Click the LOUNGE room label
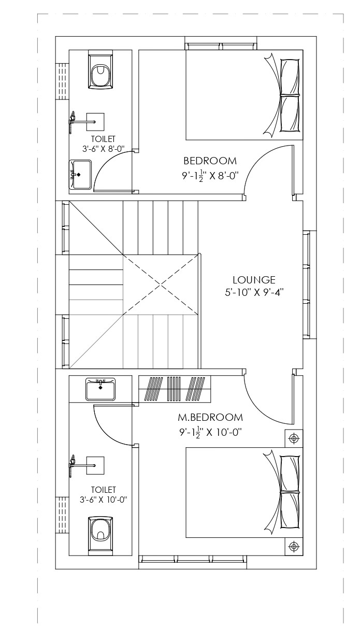tap(254, 280)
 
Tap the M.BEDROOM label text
tap(210, 417)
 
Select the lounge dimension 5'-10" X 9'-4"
tap(254, 292)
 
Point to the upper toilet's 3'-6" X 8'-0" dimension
tap(103, 149)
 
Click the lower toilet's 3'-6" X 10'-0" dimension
tap(103, 500)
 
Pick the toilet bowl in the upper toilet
tap(100, 69)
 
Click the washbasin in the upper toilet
tap(80, 175)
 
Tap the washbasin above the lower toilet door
tap(100, 389)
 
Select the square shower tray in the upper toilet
tap(95, 122)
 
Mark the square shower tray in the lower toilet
tap(95, 465)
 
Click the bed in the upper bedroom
tap(244, 95)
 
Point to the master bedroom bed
tap(244, 492)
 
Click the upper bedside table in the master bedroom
tap(294, 438)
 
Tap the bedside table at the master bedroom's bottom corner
tap(294, 546)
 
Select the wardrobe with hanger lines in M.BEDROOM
tap(175, 389)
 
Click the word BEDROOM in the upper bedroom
tap(210, 161)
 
